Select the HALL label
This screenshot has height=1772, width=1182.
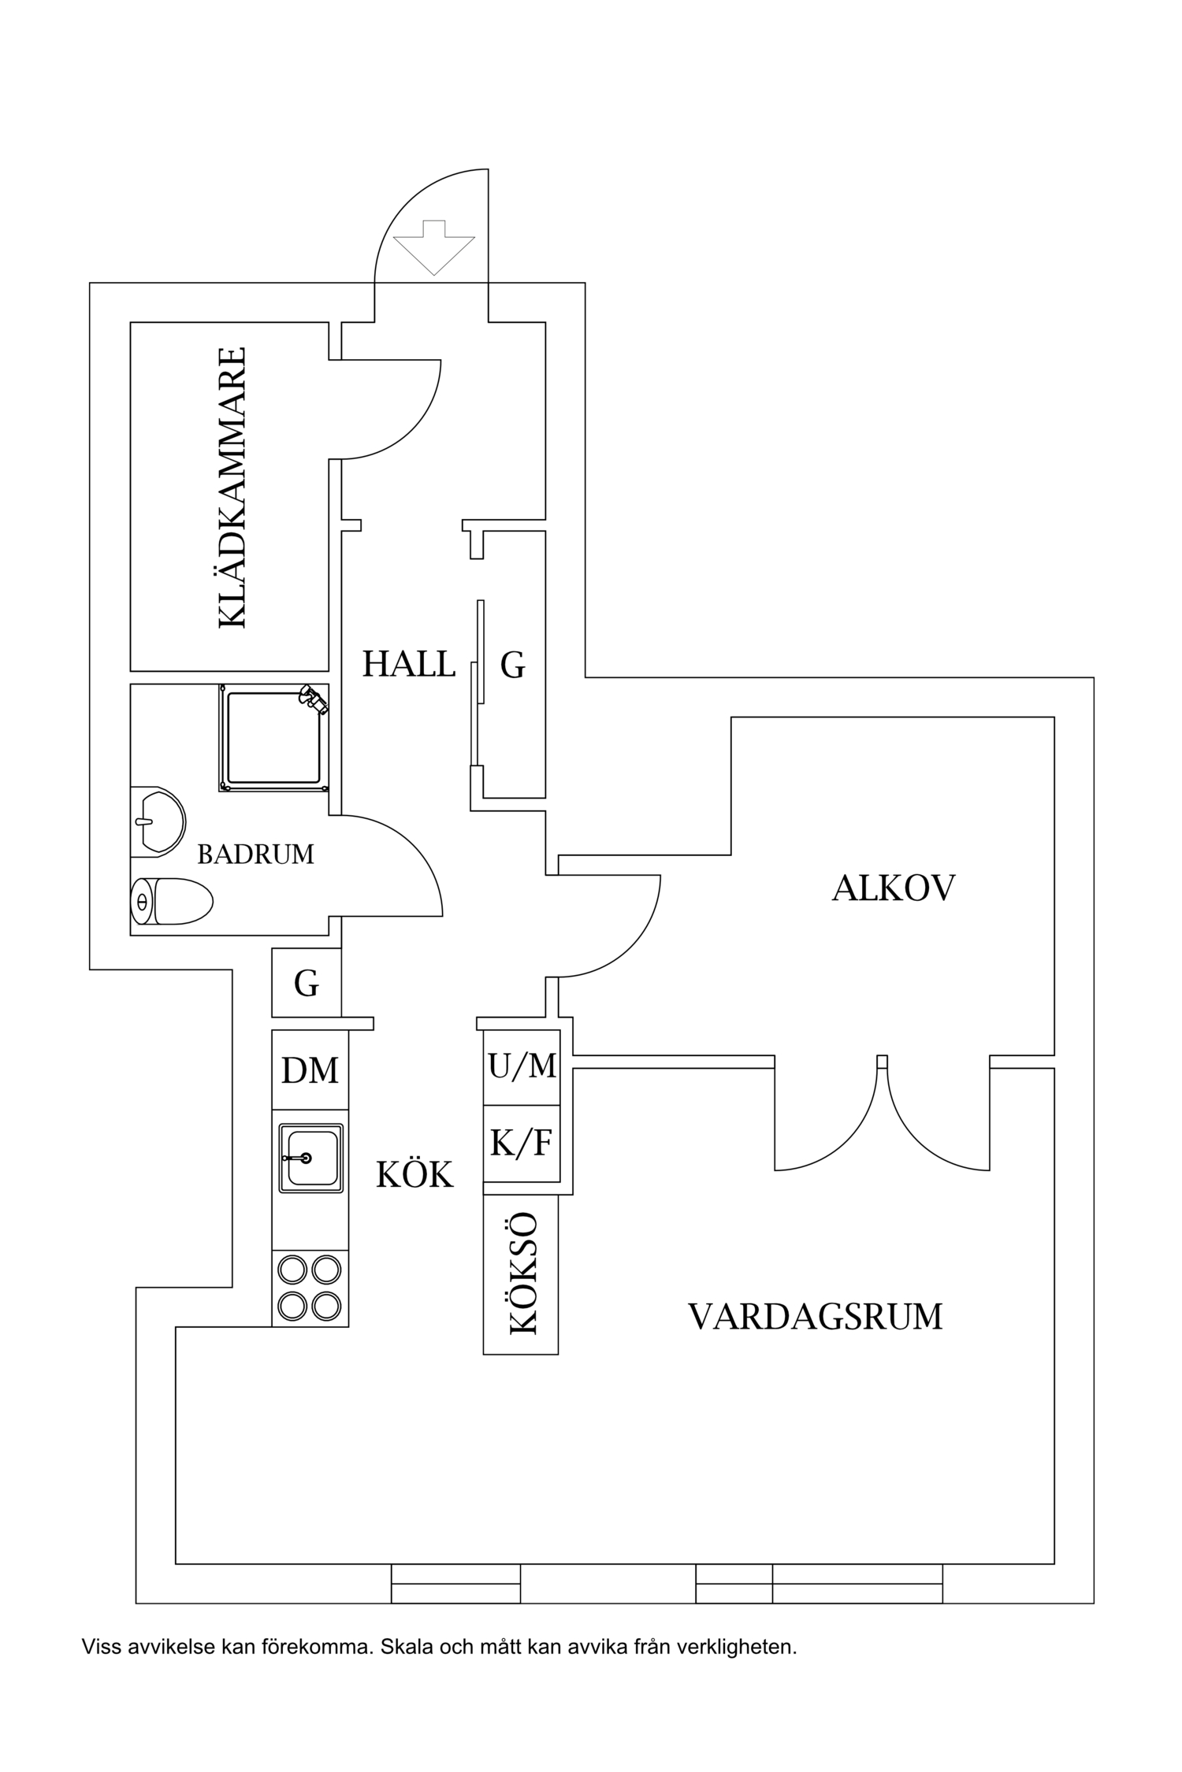click(409, 665)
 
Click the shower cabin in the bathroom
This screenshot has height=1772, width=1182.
click(273, 738)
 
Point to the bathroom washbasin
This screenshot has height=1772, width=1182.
click(158, 821)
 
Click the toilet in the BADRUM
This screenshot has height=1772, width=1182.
click(172, 901)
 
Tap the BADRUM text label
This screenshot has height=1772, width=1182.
click(255, 854)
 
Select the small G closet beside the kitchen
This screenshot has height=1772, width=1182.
click(307, 983)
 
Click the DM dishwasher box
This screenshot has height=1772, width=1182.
click(310, 1070)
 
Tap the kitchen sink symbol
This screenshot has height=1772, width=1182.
click(310, 1158)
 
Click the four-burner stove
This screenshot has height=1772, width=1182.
click(310, 1288)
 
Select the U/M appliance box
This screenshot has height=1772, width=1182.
click(522, 1066)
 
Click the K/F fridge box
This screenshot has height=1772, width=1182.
click(521, 1144)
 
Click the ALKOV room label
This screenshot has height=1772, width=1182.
click(893, 888)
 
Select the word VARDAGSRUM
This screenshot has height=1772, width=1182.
click(816, 1317)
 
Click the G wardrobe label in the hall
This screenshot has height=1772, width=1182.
click(512, 665)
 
